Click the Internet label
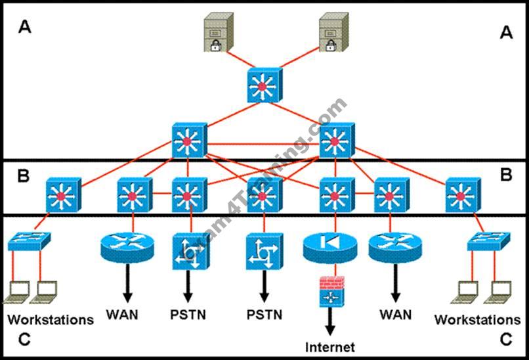coord(329,347)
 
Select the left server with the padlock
coord(217,33)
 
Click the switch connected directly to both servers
coord(264,85)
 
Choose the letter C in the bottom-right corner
coord(505,339)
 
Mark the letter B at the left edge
coord(24,175)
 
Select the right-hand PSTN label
coord(264,314)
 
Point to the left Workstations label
coord(51,320)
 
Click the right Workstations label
coord(477,320)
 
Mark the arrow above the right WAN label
coord(396,285)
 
